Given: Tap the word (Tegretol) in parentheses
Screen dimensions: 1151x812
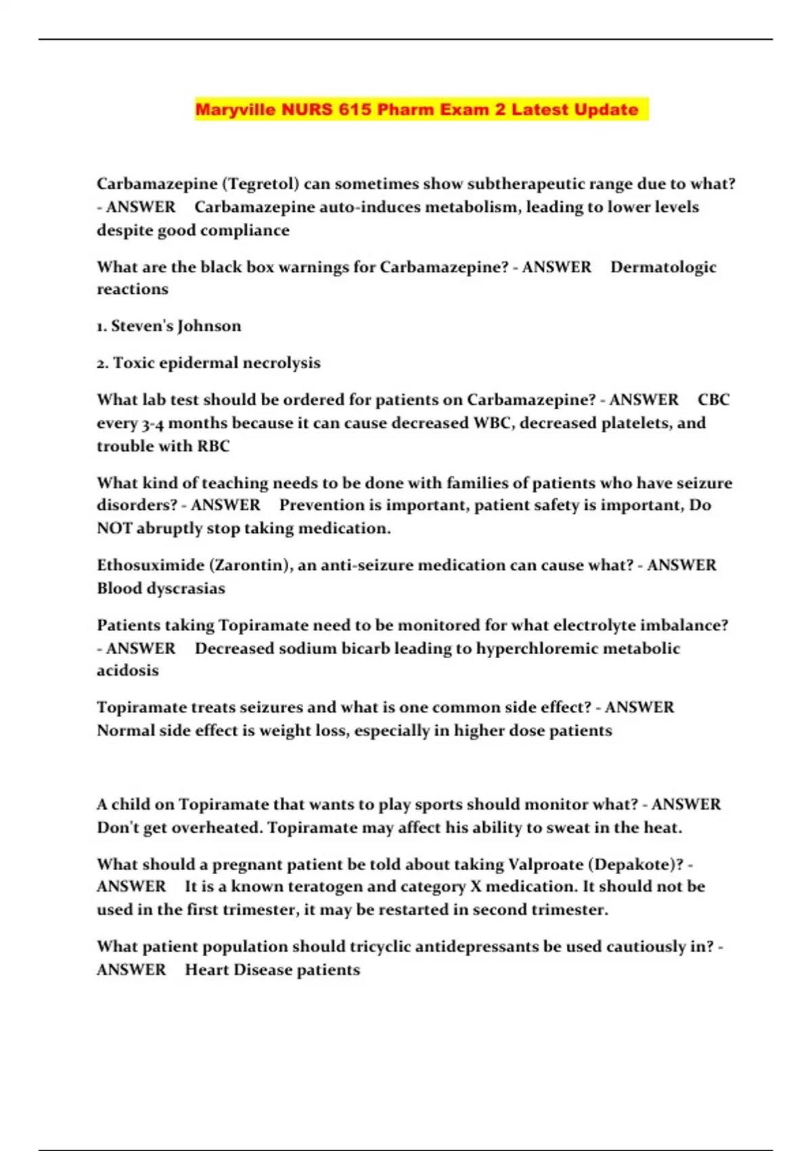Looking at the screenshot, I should (x=261, y=184).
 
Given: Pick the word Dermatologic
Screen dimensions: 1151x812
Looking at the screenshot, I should (x=663, y=267).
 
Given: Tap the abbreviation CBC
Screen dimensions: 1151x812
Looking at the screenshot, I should (x=713, y=399).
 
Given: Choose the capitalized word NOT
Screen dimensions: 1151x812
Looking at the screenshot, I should (x=114, y=528).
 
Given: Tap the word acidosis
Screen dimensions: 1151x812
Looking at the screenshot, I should (x=128, y=671).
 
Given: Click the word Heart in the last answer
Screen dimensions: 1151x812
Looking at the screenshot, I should (x=206, y=970).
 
